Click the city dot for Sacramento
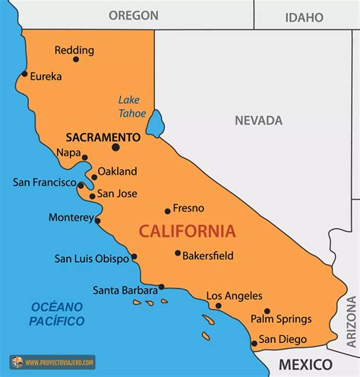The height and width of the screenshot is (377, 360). point(115,147)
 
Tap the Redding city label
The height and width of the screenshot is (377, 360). point(74,51)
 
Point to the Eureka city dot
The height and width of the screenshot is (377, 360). point(24,74)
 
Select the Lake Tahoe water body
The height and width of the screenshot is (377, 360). point(155,123)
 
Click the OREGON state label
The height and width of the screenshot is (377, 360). point(133,15)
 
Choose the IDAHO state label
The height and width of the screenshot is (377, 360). point(304,17)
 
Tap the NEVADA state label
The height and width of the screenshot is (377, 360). point(258,121)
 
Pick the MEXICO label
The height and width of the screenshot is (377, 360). point(305,365)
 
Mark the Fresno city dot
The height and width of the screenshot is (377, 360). point(168,211)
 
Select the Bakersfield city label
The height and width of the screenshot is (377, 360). point(207,255)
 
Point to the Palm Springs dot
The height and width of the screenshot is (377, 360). point(267,311)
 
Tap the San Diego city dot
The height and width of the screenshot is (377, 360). point(254,344)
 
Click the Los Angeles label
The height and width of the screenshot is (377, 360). point(234,296)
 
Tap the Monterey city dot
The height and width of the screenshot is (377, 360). point(97,221)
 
